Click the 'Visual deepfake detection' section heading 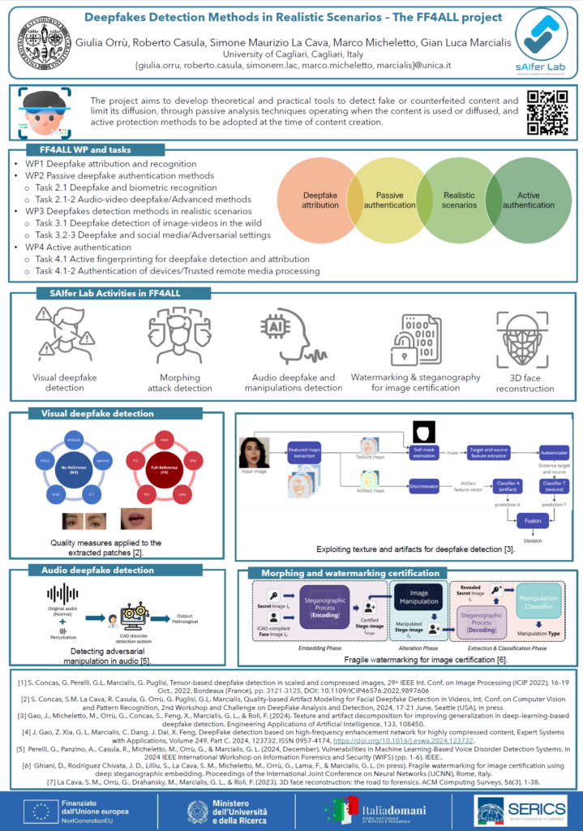96,414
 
